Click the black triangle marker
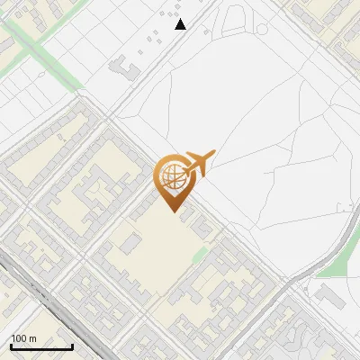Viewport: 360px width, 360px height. coord(181,24)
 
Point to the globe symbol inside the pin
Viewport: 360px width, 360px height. coord(171,177)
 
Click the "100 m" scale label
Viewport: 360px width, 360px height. coord(23,338)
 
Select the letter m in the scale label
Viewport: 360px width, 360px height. coord(32,338)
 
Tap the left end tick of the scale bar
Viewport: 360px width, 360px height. coord(10,346)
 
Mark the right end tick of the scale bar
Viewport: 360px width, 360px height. coord(72,346)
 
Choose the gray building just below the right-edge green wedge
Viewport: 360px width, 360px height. coord(331,296)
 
